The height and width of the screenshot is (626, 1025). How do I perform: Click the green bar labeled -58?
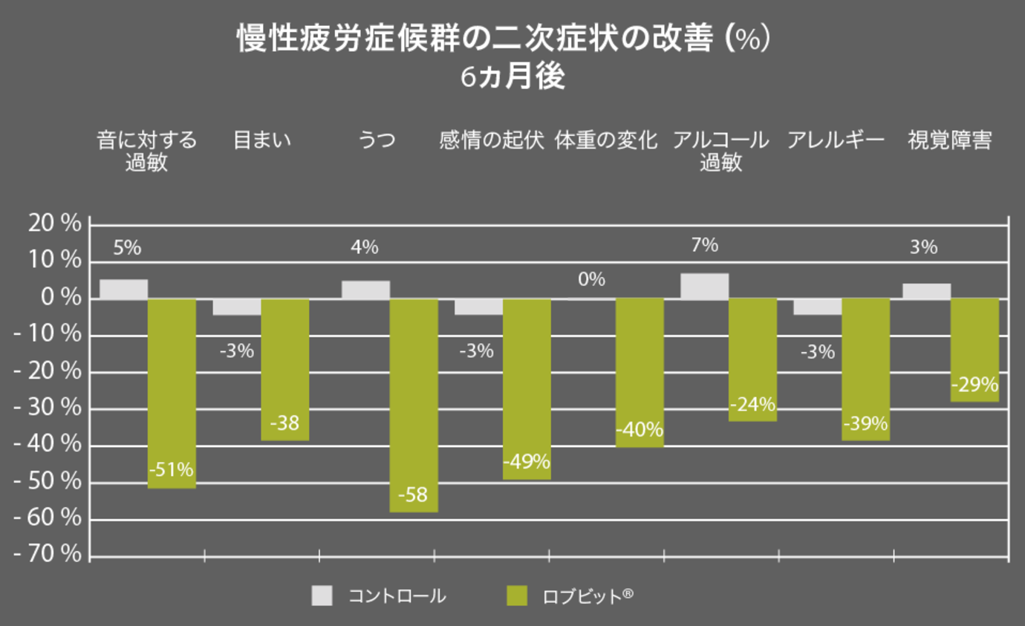(414, 405)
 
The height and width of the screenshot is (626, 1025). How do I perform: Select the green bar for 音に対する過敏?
(172, 393)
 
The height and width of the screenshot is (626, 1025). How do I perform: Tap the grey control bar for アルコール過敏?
(704, 287)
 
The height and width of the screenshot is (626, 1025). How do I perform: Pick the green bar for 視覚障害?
(974, 350)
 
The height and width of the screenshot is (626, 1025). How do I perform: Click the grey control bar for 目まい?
(237, 307)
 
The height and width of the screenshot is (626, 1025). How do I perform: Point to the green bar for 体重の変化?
(640, 372)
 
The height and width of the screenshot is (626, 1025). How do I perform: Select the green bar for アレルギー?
(865, 369)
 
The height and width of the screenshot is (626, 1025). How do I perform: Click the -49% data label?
(527, 462)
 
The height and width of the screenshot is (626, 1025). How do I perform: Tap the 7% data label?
(704, 245)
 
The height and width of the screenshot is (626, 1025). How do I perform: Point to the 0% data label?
(591, 280)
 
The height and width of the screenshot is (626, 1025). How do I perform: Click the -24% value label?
(752, 405)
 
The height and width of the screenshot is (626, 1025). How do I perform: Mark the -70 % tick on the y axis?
(47, 555)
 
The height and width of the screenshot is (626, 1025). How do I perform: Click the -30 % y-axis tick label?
(47, 408)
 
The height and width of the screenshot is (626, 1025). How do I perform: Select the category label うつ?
(377, 140)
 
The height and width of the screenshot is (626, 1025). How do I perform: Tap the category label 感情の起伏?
(492, 140)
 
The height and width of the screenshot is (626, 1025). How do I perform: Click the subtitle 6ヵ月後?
(512, 77)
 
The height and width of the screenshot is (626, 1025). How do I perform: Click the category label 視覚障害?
(950, 140)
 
